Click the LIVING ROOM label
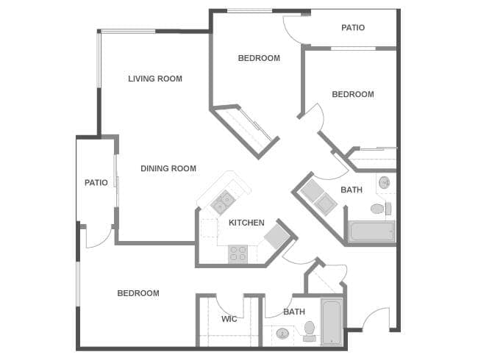coord(155,79)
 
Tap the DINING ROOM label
coord(168,168)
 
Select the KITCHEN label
coord(246,223)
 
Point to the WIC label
coord(229,319)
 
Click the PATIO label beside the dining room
coord(96,182)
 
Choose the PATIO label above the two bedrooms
coord(353,28)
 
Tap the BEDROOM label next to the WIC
coord(138,293)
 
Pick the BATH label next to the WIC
coord(294,312)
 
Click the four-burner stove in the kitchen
coord(238,253)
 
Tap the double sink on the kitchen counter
coord(223,199)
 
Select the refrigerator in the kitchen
coord(277,237)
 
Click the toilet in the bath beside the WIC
coord(310,331)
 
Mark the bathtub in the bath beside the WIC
coord(332,321)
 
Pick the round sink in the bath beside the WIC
coord(282,334)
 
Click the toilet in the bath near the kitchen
coord(377,209)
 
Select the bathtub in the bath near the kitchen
coord(372,232)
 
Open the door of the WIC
coord(229,304)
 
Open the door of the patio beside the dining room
coord(99,237)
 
